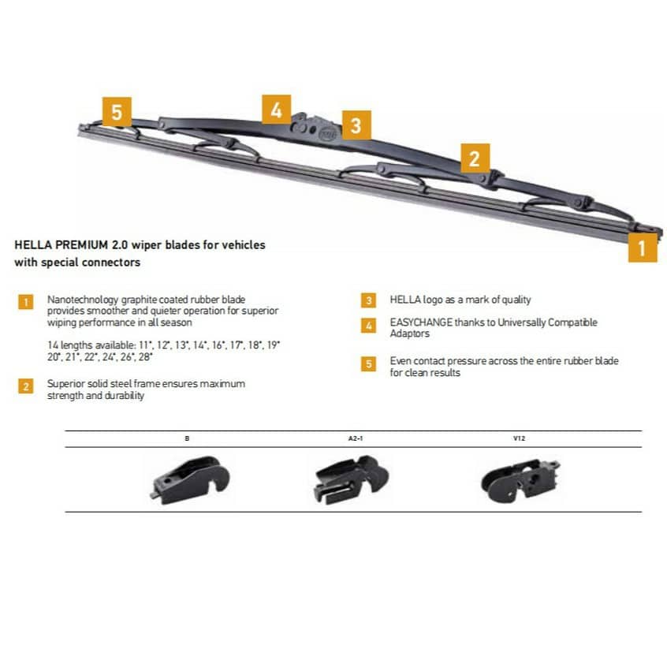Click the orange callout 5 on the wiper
tap(117, 112)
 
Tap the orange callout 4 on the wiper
tap(276, 110)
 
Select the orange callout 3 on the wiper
tap(356, 125)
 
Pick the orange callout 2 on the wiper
tap(475, 158)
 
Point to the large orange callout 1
tap(643, 248)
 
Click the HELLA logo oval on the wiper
tap(327, 134)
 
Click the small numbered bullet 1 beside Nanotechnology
tap(26, 302)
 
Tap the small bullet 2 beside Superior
tap(26, 386)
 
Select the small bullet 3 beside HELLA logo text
tap(368, 300)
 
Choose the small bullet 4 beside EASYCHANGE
tap(368, 326)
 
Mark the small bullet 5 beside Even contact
tap(368, 363)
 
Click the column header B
tap(187, 438)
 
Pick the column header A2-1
tap(356, 438)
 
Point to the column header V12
tap(519, 438)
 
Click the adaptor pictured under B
tap(191, 480)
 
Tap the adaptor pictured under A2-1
tap(351, 479)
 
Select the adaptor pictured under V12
tap(520, 480)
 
